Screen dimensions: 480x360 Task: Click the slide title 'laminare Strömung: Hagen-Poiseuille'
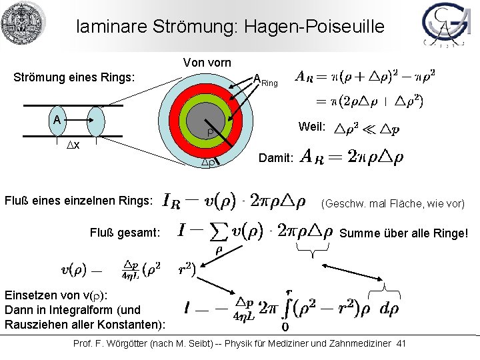[230, 27]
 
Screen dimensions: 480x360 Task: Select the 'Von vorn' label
[207, 63]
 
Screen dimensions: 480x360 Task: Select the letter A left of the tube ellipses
[59, 119]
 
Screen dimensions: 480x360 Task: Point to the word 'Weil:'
[312, 127]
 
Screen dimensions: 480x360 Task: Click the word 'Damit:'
[275, 159]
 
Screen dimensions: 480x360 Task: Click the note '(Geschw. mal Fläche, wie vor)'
[393, 203]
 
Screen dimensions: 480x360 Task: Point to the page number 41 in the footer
[401, 343]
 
